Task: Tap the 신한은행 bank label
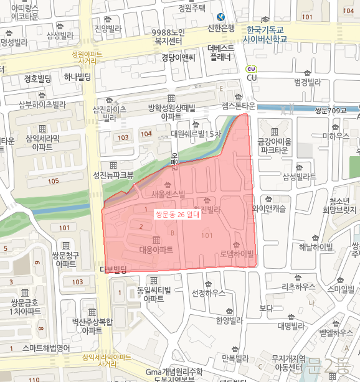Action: pos(222,28)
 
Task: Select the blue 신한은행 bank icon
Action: pos(221,17)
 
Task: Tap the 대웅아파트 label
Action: pos(156,249)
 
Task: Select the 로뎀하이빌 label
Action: pos(237,254)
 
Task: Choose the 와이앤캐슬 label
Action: pos(269,208)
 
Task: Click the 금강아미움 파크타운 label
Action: pos(274,146)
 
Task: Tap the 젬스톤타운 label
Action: pos(239,106)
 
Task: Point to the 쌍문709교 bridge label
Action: pos(330,111)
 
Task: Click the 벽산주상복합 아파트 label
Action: pos(92,326)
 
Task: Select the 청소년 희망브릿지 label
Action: pos(343,205)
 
